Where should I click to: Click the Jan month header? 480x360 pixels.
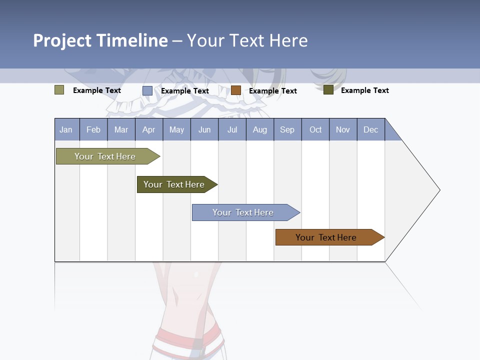[x=66, y=129]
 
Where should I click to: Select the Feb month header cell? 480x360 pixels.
[x=93, y=129]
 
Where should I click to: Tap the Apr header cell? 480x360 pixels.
[x=149, y=129]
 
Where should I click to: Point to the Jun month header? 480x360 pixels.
[x=204, y=129]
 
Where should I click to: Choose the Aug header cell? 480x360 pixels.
[x=260, y=129]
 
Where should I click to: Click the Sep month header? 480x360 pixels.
[x=287, y=129]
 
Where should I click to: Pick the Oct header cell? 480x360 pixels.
[x=315, y=129]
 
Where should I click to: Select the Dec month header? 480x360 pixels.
[x=371, y=129]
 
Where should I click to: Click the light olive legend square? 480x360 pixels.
[x=59, y=90]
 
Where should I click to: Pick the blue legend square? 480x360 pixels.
[x=147, y=90]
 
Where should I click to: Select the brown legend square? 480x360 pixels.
[x=236, y=90]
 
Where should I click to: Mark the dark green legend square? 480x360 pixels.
[x=328, y=90]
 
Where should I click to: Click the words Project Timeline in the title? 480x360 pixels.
[x=100, y=40]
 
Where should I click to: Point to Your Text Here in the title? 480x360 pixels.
[x=247, y=40]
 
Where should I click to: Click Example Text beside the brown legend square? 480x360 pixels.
[x=273, y=90]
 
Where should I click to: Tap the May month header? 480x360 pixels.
[x=176, y=129]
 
